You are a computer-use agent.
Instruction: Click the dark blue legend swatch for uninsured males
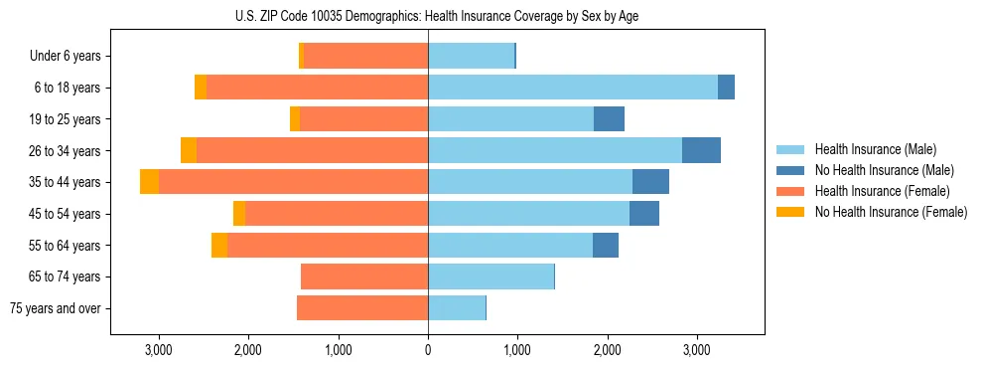click(x=790, y=170)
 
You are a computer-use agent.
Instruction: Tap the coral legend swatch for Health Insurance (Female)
click(x=790, y=191)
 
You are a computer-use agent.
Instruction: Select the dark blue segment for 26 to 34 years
click(x=701, y=150)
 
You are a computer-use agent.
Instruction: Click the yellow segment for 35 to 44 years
click(x=149, y=182)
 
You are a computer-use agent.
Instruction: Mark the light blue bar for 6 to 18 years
click(x=573, y=88)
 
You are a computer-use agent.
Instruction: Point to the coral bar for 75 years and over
click(x=362, y=308)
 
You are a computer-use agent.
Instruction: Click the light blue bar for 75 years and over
click(x=457, y=308)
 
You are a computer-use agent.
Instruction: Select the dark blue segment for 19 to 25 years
click(x=609, y=119)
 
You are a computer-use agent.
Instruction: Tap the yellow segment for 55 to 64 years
click(x=219, y=246)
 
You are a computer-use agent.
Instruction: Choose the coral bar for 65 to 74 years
click(x=364, y=276)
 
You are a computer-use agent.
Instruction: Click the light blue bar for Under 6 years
click(x=471, y=56)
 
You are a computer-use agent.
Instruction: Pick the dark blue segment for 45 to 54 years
click(x=644, y=214)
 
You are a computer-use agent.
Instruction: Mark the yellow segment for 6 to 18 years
click(x=201, y=88)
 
